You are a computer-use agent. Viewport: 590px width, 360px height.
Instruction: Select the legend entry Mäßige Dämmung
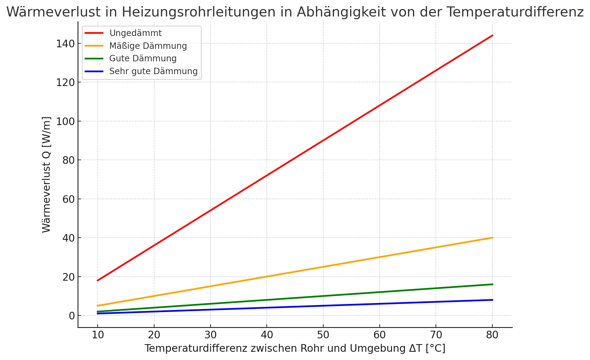(148, 46)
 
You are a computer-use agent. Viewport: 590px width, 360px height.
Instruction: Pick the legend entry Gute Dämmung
(143, 58)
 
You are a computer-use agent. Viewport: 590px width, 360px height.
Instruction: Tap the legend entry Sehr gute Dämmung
(153, 71)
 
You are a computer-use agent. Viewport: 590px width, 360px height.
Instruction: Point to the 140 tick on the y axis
(65, 44)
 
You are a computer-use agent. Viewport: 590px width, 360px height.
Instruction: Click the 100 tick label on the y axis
(65, 121)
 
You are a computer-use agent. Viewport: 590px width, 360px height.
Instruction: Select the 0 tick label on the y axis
(72, 316)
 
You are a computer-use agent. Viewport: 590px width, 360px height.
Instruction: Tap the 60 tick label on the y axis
(68, 199)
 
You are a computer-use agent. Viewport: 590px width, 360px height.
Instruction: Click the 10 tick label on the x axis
(97, 335)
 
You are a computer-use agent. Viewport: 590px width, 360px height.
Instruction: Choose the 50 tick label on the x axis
(323, 335)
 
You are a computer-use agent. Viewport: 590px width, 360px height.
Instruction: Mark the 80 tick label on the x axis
(492, 335)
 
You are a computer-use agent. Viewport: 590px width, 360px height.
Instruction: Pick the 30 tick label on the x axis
(210, 335)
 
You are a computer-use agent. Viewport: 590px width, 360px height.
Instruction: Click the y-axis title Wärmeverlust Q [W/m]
(46, 175)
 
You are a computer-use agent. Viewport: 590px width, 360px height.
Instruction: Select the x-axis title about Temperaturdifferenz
(295, 348)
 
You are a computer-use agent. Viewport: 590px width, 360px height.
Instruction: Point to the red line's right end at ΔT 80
(492, 35)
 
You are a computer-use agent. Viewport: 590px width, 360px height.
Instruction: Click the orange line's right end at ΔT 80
(492, 238)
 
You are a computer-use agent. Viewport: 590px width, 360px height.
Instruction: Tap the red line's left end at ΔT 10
(98, 280)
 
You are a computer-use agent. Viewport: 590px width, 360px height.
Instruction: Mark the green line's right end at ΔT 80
(492, 284)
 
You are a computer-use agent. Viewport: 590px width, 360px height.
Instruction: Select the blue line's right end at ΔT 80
(492, 300)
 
